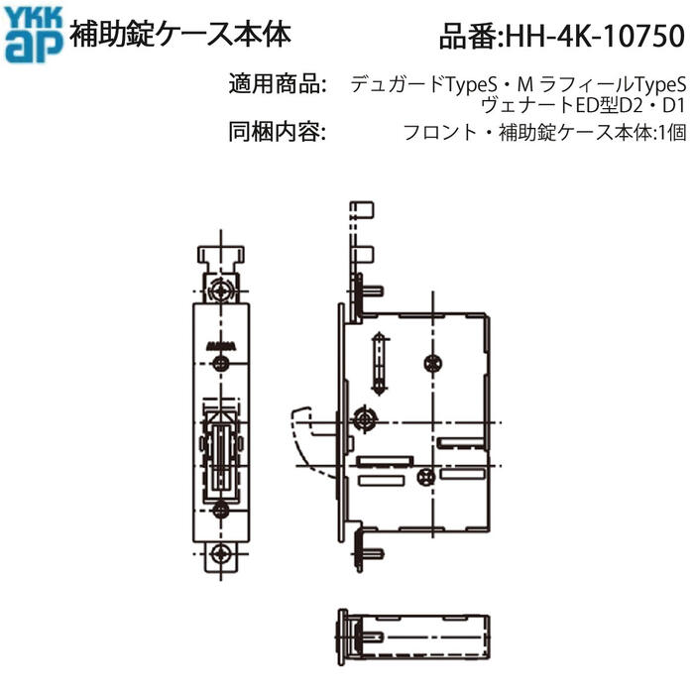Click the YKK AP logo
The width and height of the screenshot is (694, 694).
(x=34, y=35)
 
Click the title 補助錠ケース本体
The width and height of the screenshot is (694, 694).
(x=180, y=34)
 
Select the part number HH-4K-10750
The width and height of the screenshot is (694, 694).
(x=562, y=36)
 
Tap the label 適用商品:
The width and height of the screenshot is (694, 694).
(x=278, y=84)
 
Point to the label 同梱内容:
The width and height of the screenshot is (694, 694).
(x=278, y=132)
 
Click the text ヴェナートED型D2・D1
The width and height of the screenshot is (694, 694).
(x=583, y=106)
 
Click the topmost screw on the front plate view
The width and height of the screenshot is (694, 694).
(x=220, y=290)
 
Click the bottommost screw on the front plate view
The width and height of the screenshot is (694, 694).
(x=220, y=553)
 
